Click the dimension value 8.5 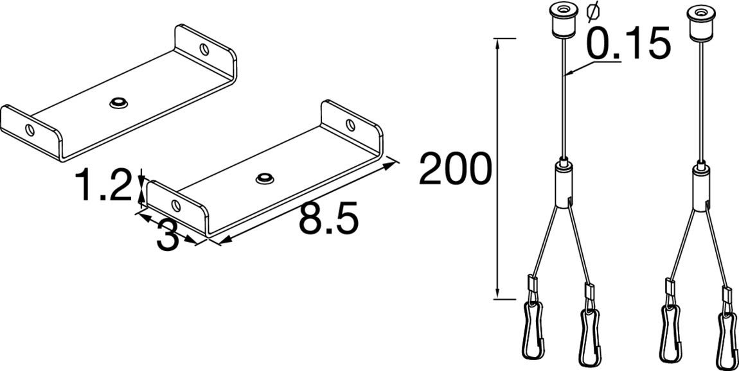(328, 218)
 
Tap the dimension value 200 (455, 168)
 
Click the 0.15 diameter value (628, 43)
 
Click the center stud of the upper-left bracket (119, 103)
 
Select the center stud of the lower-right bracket (265, 178)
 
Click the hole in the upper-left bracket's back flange (204, 49)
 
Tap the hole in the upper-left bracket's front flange (30, 130)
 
